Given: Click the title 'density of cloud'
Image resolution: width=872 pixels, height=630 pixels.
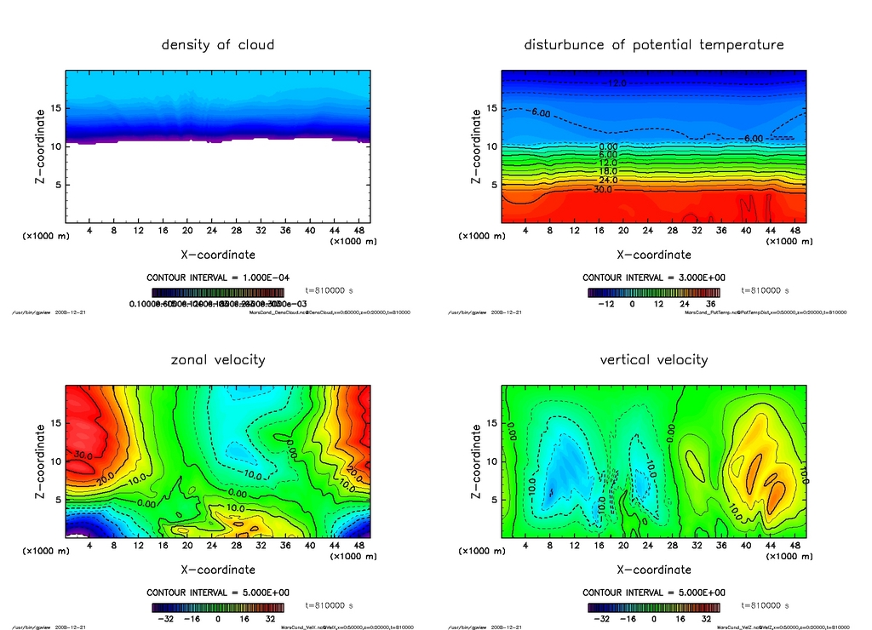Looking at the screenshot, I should (218, 44).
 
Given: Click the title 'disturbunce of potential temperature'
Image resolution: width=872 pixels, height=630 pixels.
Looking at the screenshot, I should (653, 44).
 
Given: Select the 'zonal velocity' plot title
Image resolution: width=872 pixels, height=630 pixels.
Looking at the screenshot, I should (218, 359).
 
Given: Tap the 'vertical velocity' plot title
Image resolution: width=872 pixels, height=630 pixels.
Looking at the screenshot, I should (653, 359).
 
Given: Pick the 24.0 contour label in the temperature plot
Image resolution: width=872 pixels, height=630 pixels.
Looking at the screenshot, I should (607, 180).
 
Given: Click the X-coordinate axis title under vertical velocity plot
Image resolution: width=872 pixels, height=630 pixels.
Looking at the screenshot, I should (653, 570).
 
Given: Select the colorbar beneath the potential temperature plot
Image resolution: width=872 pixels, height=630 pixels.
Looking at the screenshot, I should (653, 292).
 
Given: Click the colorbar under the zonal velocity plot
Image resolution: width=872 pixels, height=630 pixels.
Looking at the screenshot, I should (218, 608).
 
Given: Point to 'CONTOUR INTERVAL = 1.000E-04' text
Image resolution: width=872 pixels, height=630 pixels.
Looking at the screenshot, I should (218, 278).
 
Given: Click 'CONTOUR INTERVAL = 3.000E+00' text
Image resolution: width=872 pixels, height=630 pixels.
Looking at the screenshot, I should (653, 278).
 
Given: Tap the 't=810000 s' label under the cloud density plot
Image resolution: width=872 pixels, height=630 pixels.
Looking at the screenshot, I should (329, 290).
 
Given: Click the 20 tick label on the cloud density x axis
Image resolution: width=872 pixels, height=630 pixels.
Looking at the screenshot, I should (186, 231).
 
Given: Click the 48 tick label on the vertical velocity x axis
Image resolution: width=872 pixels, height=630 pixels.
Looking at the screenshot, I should (794, 546).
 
